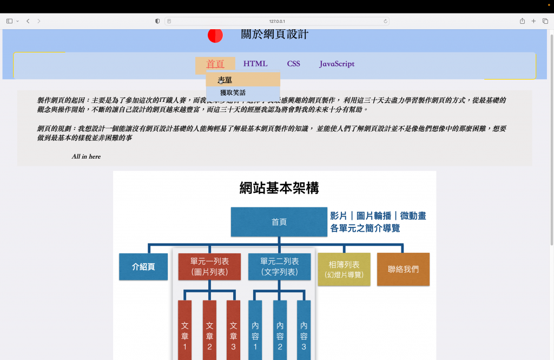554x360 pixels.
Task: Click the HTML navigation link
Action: point(255,64)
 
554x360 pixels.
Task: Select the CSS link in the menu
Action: point(293,64)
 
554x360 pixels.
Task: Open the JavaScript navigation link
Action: point(337,64)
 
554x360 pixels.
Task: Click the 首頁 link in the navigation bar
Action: point(215,64)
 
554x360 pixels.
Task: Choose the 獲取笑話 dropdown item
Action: point(233,93)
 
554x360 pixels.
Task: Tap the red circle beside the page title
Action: point(215,35)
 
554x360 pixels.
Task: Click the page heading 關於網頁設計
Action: point(274,35)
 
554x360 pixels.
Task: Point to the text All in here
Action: point(86,156)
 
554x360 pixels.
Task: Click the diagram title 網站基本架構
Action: point(279,188)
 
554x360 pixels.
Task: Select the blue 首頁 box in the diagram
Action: point(279,222)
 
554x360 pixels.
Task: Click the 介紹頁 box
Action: point(143,267)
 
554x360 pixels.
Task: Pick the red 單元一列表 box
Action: point(209,266)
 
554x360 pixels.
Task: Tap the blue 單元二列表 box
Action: point(279,266)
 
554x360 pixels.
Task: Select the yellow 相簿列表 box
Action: point(344,269)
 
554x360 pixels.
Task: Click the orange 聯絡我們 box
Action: point(403,269)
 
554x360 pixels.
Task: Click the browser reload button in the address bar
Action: point(385,21)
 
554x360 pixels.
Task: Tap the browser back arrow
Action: point(28,21)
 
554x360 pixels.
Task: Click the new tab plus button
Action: point(533,21)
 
